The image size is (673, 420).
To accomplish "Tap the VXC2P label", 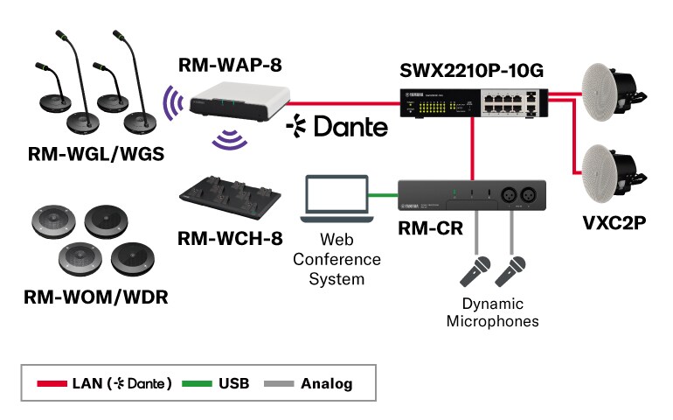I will point(614,222).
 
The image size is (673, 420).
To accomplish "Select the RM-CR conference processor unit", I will point(473,195).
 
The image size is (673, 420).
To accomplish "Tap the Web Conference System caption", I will point(337,259).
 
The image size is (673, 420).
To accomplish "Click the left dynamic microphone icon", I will point(474,271).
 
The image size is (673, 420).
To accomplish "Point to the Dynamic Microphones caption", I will point(493,312).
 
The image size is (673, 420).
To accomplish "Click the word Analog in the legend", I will point(326,383).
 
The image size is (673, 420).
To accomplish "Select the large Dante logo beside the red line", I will point(337,127).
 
